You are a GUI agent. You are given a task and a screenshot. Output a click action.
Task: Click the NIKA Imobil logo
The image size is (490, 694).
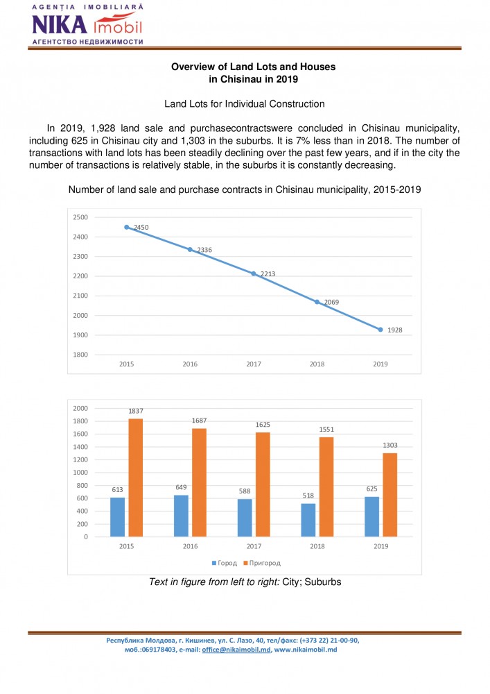pyautogui.click(x=87, y=25)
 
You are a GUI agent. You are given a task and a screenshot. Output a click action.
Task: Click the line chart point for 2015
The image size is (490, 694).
pyautogui.click(x=127, y=227)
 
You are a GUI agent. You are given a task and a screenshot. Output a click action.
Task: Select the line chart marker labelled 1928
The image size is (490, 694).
pyautogui.click(x=380, y=330)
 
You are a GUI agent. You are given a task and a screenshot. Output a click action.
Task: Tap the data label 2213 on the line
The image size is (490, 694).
pyautogui.click(x=268, y=274)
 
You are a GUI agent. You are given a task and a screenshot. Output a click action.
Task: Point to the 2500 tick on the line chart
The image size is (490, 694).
pyautogui.click(x=80, y=217)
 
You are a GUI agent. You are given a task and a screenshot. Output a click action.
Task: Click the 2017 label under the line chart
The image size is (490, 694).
pyautogui.click(x=254, y=364)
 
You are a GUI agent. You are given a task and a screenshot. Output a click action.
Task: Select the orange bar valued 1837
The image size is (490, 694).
pyautogui.click(x=135, y=477)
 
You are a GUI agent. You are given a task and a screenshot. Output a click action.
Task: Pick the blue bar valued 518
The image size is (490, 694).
pyautogui.click(x=308, y=520)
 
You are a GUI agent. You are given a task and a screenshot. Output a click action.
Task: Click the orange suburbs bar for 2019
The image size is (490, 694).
pyautogui.click(x=390, y=495)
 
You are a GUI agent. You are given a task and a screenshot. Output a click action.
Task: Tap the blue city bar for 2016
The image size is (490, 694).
pyautogui.click(x=181, y=516)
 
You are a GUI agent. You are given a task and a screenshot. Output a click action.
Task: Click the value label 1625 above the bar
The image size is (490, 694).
pyautogui.click(x=262, y=424)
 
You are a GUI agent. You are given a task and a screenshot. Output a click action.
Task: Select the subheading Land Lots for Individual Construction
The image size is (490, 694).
pyautogui.click(x=245, y=104)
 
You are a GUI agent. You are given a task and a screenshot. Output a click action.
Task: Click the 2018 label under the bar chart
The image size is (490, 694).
pyautogui.click(x=317, y=547)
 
